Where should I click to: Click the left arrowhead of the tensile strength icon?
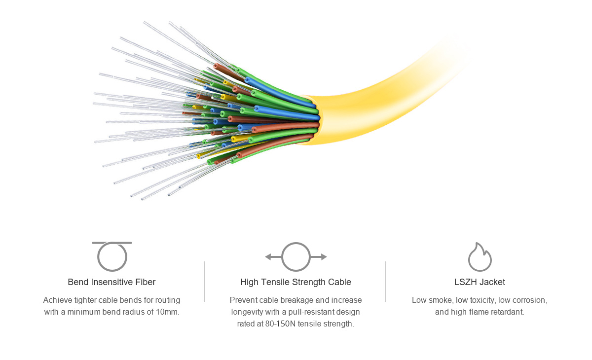(x=268, y=257)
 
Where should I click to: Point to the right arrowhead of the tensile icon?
(x=324, y=257)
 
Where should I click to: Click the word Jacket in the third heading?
(x=492, y=282)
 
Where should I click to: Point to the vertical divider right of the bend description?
(x=205, y=282)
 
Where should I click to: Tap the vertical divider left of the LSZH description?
(x=386, y=282)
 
